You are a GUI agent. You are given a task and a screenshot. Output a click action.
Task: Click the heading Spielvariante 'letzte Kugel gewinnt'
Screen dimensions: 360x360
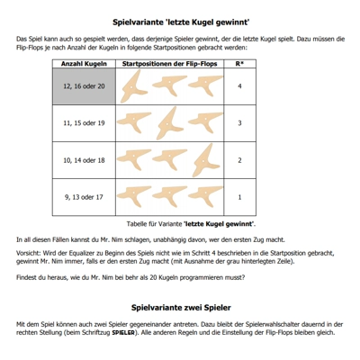coord(181,22)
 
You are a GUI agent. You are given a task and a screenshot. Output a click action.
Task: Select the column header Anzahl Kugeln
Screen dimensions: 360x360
coord(84,64)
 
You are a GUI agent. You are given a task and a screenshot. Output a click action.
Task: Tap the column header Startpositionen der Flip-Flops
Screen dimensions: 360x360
coord(169,64)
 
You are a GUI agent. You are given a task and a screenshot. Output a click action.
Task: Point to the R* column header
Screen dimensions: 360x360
coord(239,64)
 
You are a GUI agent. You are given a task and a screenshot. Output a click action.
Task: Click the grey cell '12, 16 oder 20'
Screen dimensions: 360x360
coord(84,86)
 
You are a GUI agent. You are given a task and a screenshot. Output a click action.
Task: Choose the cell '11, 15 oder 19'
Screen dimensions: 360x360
coord(84,123)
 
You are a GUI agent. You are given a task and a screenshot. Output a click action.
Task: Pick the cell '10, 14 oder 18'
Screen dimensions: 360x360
coord(84,160)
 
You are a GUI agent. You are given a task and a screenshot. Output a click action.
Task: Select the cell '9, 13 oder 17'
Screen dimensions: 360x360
coord(84,197)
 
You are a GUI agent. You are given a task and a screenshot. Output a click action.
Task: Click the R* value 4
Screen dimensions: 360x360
coord(239,86)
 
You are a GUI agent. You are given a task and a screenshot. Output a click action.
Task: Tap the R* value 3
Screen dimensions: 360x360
coord(239,123)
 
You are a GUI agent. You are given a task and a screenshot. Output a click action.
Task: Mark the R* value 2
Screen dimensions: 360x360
coord(239,160)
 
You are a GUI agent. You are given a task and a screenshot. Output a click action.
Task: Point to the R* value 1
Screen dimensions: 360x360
coord(239,197)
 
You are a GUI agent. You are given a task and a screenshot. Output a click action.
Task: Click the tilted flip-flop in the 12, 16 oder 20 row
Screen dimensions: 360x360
coord(132,87)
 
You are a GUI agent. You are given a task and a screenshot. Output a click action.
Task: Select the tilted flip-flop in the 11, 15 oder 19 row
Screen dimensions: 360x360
coord(168,124)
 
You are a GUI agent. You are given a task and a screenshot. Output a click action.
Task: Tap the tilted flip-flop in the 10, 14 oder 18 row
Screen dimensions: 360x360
coord(204,161)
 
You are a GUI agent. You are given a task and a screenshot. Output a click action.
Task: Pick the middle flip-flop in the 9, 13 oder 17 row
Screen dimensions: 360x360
coord(170,194)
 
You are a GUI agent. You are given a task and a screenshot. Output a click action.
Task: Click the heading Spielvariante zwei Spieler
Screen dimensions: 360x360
coord(181,308)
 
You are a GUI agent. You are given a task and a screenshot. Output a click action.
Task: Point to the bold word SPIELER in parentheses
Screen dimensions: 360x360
coord(123,333)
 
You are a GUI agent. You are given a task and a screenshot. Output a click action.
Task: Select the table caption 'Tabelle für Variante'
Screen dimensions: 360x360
coord(154,224)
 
